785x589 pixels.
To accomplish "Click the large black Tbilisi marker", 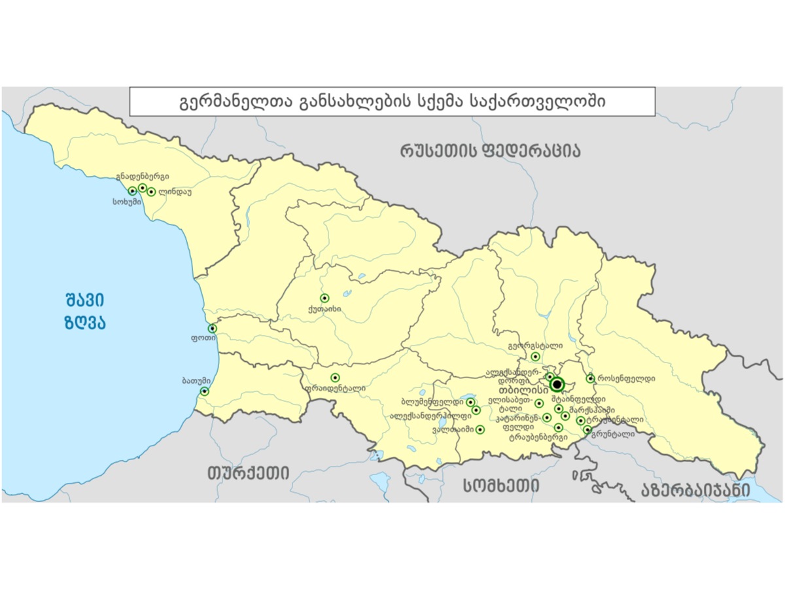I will tap(557, 384).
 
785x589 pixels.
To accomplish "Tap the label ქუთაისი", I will tap(323, 310).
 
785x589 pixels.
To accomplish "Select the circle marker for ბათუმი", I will tap(204, 391).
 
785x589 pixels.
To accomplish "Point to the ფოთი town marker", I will tap(212, 328).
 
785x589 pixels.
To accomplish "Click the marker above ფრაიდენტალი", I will tap(335, 377).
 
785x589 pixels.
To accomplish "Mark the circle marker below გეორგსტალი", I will tap(535, 357).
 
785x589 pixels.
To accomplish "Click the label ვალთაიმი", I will tap(453, 430).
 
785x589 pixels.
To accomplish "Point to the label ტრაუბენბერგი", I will tap(538, 437).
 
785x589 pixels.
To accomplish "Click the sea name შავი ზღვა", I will tap(86, 312).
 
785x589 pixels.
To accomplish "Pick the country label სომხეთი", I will tap(501, 485).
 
